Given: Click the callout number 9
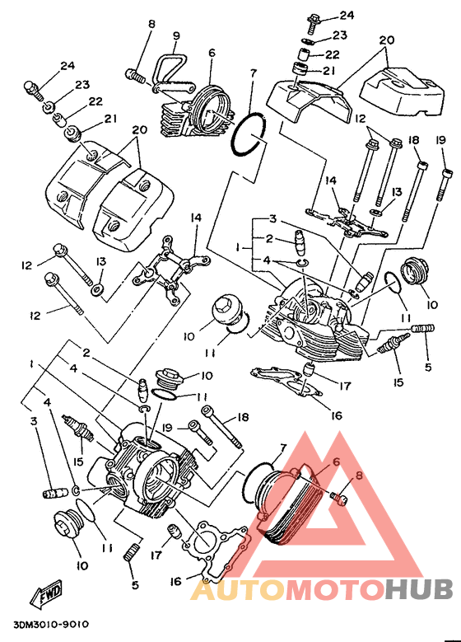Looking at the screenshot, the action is pyautogui.click(x=176, y=36).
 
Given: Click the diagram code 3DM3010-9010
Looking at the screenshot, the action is pyautogui.click(x=51, y=625).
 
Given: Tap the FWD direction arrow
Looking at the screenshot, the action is pyautogui.click(x=46, y=592).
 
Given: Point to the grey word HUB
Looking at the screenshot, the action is pyautogui.click(x=418, y=590).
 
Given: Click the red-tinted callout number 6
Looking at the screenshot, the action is pyautogui.click(x=336, y=462).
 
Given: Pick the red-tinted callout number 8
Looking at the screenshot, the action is pyautogui.click(x=359, y=476).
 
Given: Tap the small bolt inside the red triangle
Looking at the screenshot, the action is pyautogui.click(x=338, y=497).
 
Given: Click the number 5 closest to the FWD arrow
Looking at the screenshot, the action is pyautogui.click(x=135, y=584).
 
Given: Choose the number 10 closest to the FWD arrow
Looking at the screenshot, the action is pyautogui.click(x=82, y=565).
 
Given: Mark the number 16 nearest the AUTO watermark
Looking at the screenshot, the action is pyautogui.click(x=175, y=581).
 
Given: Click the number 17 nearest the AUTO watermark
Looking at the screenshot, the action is pyautogui.click(x=156, y=555).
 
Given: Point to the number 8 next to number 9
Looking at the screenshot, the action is pyautogui.click(x=151, y=24).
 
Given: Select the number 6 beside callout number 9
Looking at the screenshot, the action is pyautogui.click(x=212, y=53).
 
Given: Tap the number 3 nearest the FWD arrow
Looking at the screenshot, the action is pyautogui.click(x=34, y=420).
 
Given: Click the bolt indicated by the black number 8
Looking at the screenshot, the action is pyautogui.click(x=135, y=75).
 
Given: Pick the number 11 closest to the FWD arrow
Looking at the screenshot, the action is pyautogui.click(x=107, y=548).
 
